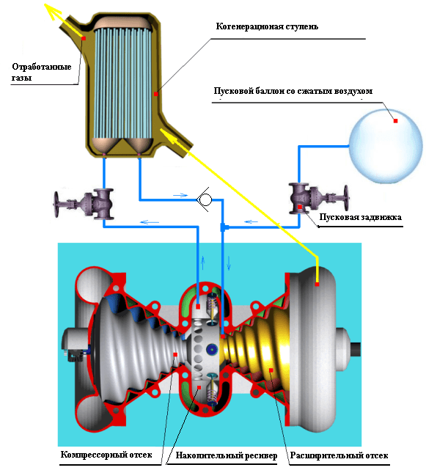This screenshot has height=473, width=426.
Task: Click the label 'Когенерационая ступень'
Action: [267, 26]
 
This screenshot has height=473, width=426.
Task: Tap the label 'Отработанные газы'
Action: [41, 72]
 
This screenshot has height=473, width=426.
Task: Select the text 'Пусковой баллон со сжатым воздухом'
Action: [293, 91]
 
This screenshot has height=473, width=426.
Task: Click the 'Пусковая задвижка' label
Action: [360, 217]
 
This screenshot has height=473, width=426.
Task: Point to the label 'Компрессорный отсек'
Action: [106, 454]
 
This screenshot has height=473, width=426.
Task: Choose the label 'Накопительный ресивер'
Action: [227, 455]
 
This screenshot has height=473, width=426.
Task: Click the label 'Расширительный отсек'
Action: [339, 455]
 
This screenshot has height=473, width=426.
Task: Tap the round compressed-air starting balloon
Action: [386, 147]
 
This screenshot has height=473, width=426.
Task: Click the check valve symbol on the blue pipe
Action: [205, 199]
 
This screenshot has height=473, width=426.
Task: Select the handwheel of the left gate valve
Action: [56, 204]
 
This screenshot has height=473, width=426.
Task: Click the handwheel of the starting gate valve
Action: [346, 198]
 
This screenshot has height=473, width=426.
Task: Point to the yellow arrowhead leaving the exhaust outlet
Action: [51, 11]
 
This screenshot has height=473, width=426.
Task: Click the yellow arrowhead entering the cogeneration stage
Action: [167, 136]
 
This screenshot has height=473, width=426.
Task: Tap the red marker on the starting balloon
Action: [395, 121]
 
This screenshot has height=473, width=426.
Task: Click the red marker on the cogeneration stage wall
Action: [155, 94]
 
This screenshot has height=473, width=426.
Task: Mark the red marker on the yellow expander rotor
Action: [271, 370]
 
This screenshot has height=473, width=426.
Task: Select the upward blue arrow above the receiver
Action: [203, 263]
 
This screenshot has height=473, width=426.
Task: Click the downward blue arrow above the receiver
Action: [229, 263]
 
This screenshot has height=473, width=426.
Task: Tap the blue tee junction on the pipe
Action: [223, 227]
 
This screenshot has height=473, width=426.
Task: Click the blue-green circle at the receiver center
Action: [212, 349]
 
